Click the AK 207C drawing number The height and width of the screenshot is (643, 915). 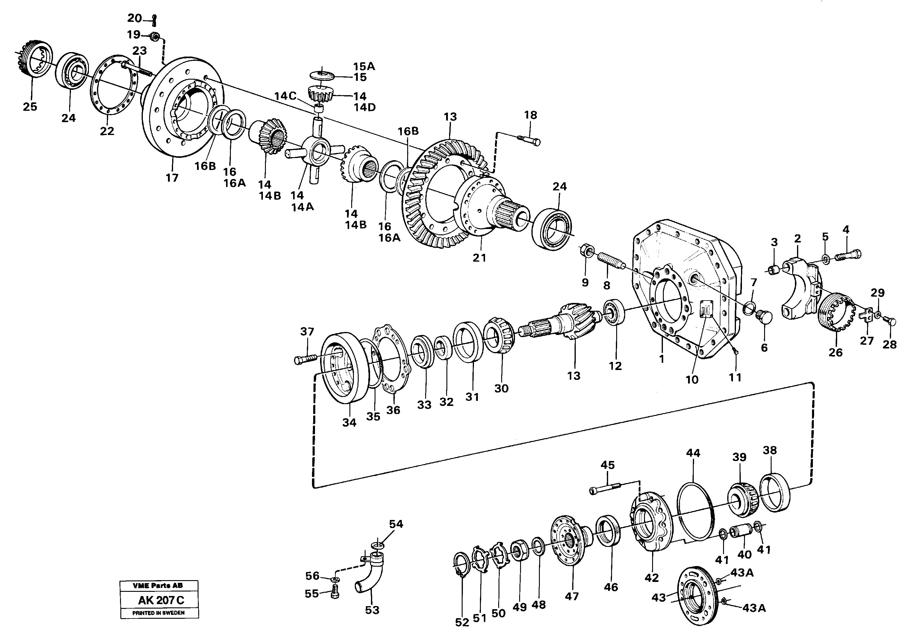pos(160,600)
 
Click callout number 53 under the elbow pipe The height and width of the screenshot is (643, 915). pos(372,610)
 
